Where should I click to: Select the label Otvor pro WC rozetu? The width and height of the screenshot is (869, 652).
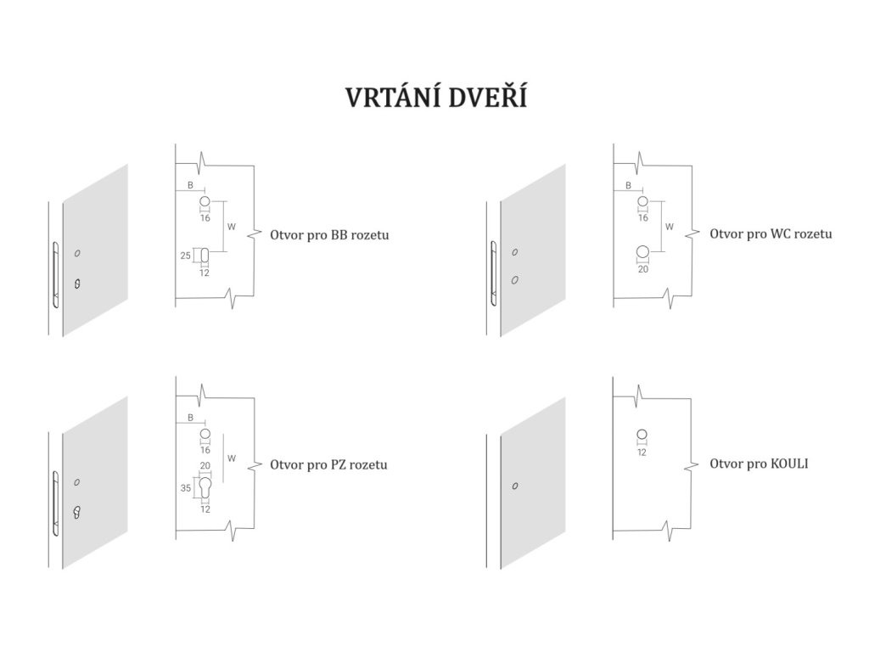pyautogui.click(x=771, y=233)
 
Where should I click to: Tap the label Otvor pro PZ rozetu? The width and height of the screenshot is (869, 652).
pyautogui.click(x=328, y=464)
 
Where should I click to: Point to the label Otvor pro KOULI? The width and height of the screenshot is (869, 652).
pyautogui.click(x=760, y=464)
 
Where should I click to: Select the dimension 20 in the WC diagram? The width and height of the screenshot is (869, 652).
pyautogui.click(x=642, y=269)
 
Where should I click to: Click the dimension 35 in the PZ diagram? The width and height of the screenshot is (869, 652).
pyautogui.click(x=186, y=488)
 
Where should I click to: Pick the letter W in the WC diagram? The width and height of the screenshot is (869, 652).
pyautogui.click(x=670, y=227)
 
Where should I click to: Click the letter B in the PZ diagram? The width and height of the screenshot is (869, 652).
pyautogui.click(x=190, y=418)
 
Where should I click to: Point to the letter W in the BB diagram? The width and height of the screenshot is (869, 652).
pyautogui.click(x=231, y=227)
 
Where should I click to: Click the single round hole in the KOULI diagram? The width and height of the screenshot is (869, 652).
pyautogui.click(x=642, y=435)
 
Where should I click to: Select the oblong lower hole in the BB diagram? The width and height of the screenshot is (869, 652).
pyautogui.click(x=205, y=254)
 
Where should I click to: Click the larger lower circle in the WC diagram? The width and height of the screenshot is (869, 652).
pyautogui.click(x=642, y=251)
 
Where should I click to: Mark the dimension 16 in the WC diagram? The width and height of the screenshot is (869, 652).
pyautogui.click(x=642, y=218)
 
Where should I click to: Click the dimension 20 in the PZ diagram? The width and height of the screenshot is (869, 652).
pyautogui.click(x=205, y=466)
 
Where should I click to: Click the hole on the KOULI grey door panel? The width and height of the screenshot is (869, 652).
pyautogui.click(x=513, y=486)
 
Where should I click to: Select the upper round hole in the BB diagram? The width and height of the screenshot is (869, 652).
pyautogui.click(x=205, y=202)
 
